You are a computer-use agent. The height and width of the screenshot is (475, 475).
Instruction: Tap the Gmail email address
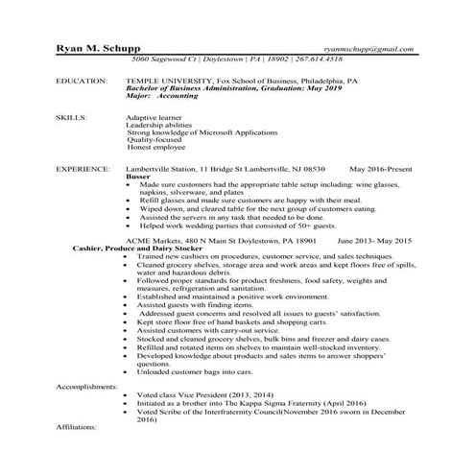tap(368, 48)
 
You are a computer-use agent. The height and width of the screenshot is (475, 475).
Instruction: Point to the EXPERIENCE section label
tap(82, 168)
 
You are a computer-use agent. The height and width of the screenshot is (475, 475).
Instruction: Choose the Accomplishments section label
tap(87, 385)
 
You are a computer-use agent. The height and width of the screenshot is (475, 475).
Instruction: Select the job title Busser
tap(138, 176)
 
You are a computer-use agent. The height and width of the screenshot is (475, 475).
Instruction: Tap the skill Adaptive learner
tap(155, 116)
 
